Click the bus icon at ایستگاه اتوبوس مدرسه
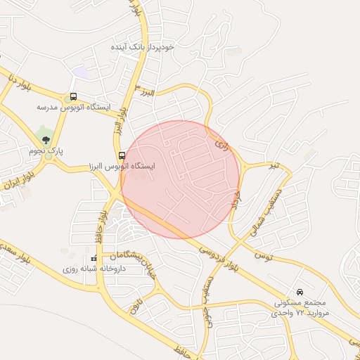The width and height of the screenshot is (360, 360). point(74,98)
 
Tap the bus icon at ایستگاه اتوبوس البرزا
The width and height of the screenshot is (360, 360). point(122,155)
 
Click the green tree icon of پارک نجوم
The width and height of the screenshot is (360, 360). point(46,140)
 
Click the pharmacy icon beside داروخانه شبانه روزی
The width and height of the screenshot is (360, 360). point(94,259)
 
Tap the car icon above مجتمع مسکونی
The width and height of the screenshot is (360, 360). point(300,291)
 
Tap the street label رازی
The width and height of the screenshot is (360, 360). point(221,146)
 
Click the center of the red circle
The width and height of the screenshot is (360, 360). point(181,179)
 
